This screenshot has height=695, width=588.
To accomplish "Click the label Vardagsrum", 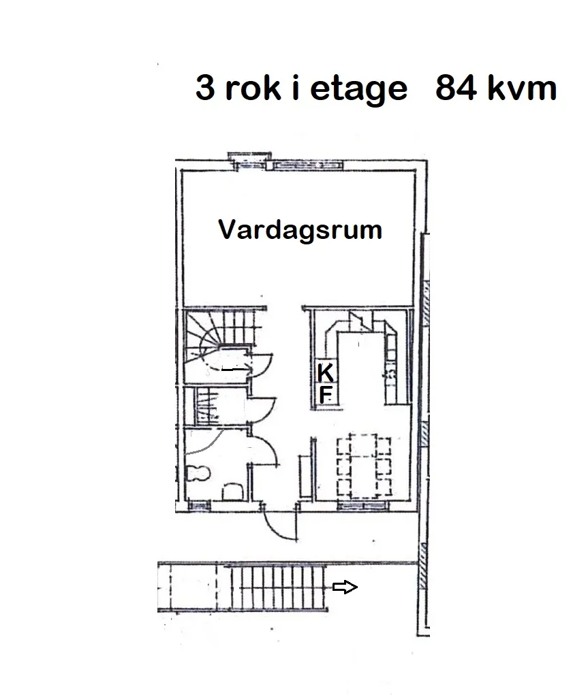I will [x=300, y=230].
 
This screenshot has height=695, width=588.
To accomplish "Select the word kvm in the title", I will [x=523, y=88].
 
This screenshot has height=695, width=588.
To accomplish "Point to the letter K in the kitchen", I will [x=326, y=373].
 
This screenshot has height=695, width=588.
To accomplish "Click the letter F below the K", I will [x=326, y=394].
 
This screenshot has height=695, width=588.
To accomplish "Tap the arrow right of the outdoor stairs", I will [x=345, y=587].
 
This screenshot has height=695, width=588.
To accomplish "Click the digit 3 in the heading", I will [x=204, y=88].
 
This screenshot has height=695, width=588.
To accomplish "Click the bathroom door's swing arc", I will [x=266, y=453].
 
